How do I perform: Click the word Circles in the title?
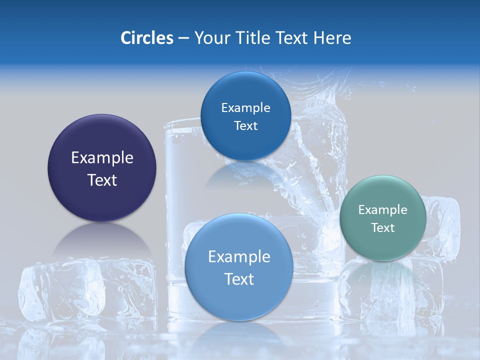click(x=146, y=38)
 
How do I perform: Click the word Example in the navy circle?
click(x=102, y=158)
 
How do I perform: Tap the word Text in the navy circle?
click(x=102, y=180)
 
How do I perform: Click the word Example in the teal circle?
click(x=383, y=210)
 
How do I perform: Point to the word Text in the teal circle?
click(x=383, y=228)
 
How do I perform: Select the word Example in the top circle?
click(x=245, y=108)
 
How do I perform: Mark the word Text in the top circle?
click(x=245, y=126)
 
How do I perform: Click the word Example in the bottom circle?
click(x=239, y=257)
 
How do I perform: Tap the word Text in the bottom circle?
click(x=239, y=279)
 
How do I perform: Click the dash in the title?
click(x=183, y=38)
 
